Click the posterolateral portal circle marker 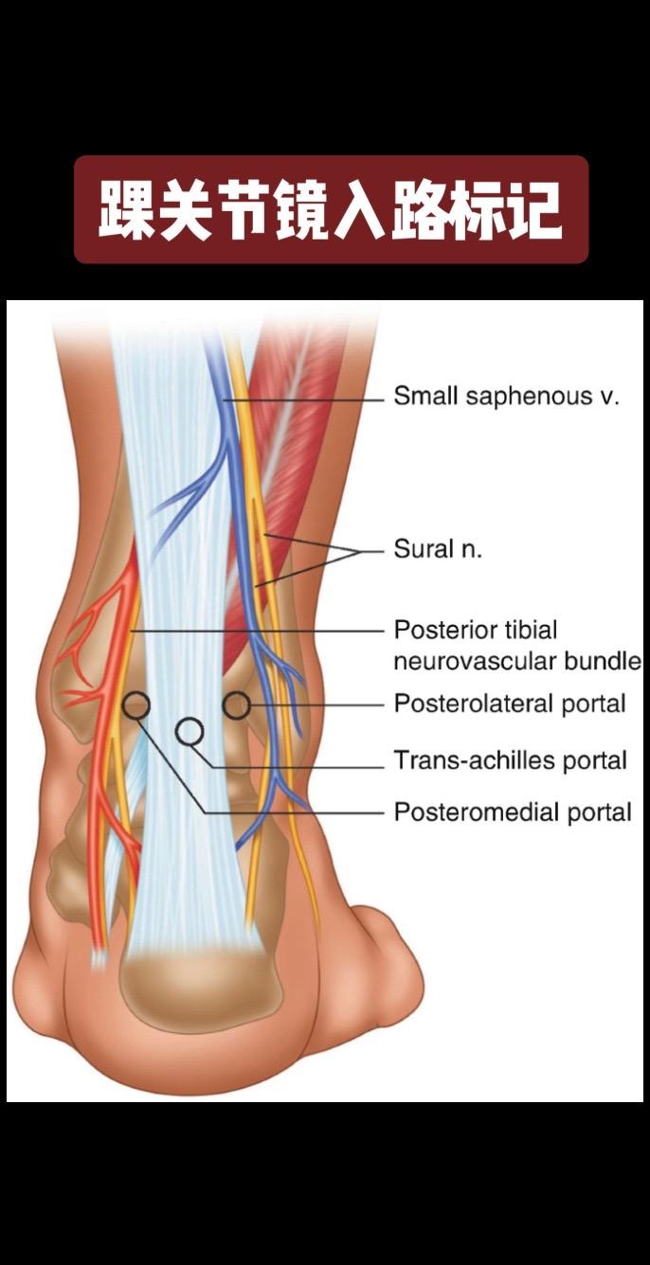coord(236,705)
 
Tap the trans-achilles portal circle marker coord(190,731)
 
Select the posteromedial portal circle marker coord(136,704)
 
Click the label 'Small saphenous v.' coord(507,396)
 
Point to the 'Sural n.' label coord(438,549)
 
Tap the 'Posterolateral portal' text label coord(510,704)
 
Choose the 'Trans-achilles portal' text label coord(511,759)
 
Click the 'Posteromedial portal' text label coord(513,811)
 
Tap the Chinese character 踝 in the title coord(126,210)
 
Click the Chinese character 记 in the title coord(534,210)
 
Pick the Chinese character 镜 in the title coord(301,210)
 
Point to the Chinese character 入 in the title coord(360,210)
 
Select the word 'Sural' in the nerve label coord(422,549)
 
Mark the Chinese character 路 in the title coord(418,210)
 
